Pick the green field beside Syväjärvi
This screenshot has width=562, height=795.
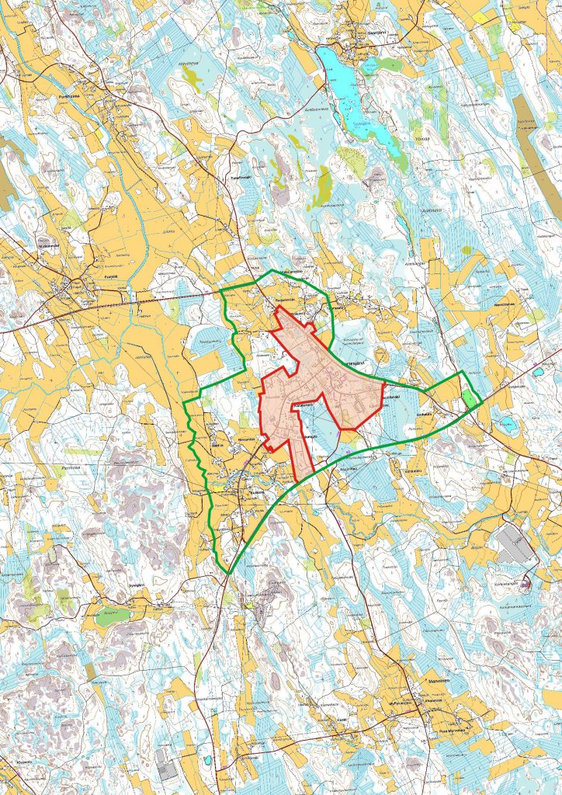pyautogui.click(x=113, y=617)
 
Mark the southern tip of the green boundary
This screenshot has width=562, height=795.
pyautogui.click(x=229, y=573)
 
